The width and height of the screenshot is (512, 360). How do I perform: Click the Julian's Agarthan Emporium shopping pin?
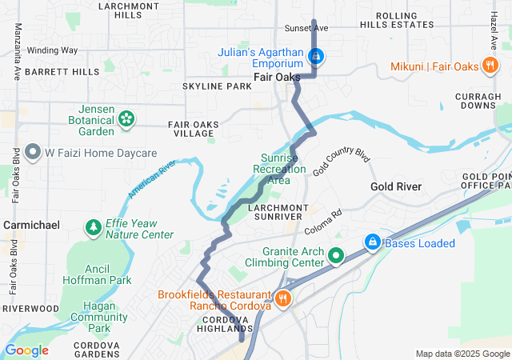click(317, 56)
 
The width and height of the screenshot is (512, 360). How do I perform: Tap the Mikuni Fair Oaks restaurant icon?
click(490, 66)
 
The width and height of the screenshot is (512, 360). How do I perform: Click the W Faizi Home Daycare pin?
click(33, 151)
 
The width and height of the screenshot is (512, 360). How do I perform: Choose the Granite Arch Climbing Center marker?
click(336, 256)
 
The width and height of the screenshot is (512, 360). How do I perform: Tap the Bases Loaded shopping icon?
click(372, 242)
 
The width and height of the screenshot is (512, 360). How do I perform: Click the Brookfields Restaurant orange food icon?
click(282, 298)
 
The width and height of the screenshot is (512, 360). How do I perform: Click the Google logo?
click(26, 350)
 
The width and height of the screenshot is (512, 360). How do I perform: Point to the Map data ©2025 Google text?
click(462, 354)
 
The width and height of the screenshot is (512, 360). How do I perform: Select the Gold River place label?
click(395, 186)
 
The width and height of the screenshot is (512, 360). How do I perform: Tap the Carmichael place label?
click(32, 226)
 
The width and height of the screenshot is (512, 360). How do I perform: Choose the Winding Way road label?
click(52, 50)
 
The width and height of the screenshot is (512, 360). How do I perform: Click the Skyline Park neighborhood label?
click(217, 86)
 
